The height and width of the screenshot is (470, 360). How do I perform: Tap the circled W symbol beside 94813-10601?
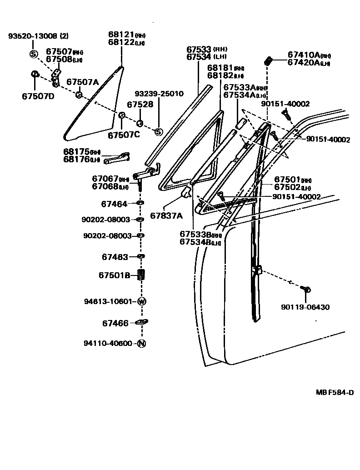click(141, 301)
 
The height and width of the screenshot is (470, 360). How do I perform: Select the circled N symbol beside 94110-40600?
click(141, 343)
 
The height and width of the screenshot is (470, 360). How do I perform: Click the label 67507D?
click(38, 96)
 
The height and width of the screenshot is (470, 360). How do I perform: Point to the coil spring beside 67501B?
click(141, 275)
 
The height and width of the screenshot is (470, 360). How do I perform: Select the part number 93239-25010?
click(159, 94)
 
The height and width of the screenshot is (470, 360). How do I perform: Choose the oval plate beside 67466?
click(141, 322)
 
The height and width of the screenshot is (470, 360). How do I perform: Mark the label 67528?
click(140, 105)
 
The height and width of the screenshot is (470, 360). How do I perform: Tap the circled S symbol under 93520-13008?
click(34, 55)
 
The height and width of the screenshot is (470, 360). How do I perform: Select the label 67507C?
click(124, 135)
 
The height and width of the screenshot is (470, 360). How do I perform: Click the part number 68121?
click(120, 35)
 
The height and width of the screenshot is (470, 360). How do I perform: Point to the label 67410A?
click(303, 55)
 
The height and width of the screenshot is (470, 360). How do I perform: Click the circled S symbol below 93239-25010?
click(159, 132)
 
